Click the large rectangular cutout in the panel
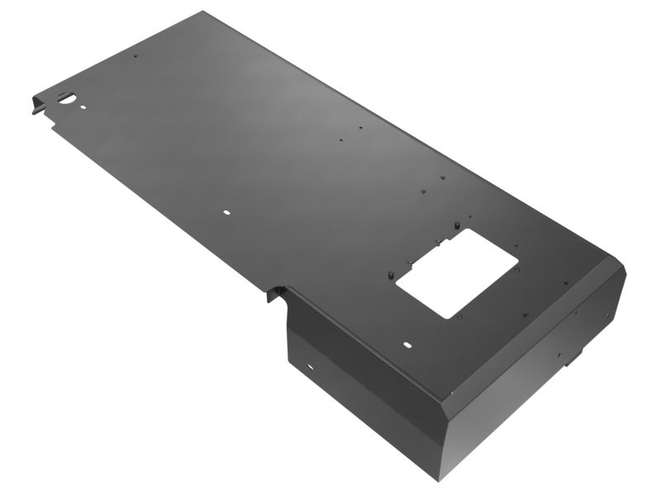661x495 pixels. tap(457, 272)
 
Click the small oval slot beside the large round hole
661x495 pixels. tap(83, 106)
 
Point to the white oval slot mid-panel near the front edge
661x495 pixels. tap(227, 212)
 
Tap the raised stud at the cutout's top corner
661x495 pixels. tap(457, 224)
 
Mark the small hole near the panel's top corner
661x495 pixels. tap(136, 56)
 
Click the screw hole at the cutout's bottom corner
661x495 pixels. tap(457, 315)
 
